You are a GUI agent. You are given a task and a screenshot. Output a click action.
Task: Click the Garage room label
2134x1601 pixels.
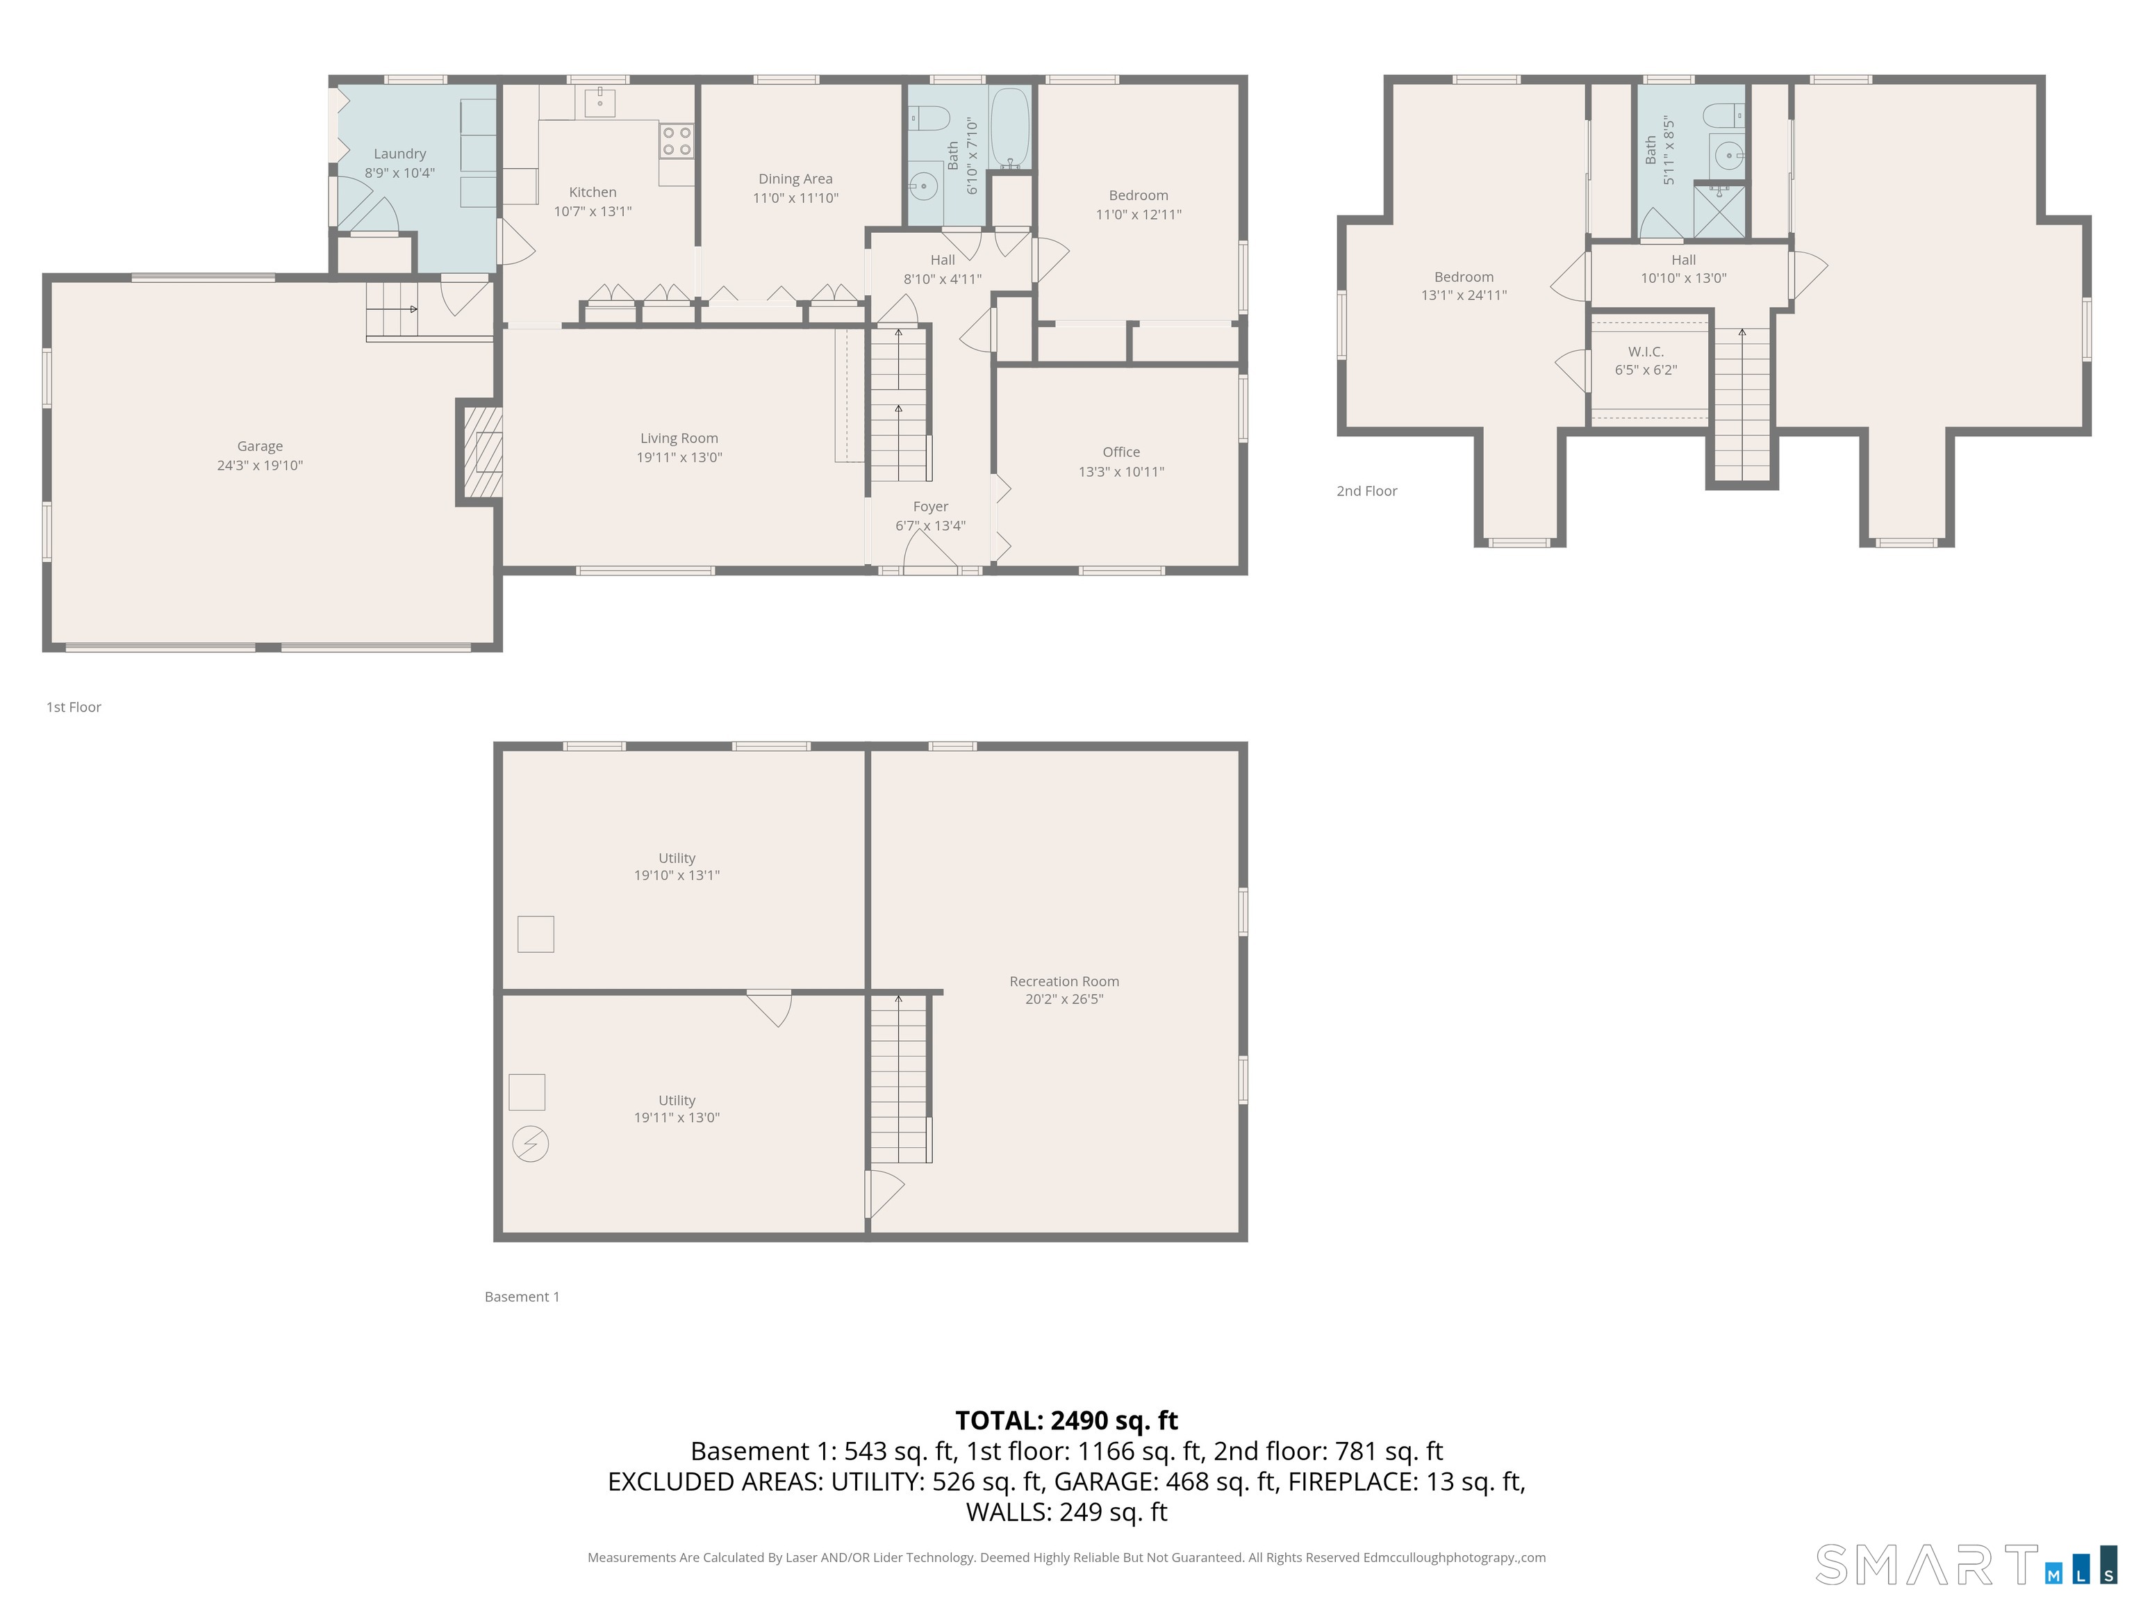260,446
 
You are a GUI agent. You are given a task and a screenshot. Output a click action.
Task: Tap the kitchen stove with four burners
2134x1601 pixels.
677,141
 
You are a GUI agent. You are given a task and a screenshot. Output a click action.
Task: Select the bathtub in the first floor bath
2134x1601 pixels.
1010,127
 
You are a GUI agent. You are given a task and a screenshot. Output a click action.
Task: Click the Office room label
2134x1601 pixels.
1121,452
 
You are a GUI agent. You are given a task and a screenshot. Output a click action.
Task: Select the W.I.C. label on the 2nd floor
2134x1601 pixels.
1645,352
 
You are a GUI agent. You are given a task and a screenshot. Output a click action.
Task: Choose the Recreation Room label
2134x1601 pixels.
1064,980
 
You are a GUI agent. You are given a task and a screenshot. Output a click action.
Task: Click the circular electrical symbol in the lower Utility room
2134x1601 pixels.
529,1144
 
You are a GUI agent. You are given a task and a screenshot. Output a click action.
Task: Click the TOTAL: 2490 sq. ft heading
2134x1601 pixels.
1066,1420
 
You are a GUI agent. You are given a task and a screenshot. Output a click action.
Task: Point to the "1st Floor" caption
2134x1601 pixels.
74,707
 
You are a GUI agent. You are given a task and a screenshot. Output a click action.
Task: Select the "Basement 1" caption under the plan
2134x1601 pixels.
522,1296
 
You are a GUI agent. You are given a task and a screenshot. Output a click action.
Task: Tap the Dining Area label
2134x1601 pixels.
795,179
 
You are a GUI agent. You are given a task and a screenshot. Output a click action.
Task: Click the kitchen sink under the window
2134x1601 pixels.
599,99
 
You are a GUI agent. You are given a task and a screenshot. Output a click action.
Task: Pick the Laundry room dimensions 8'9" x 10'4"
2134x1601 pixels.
399,173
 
